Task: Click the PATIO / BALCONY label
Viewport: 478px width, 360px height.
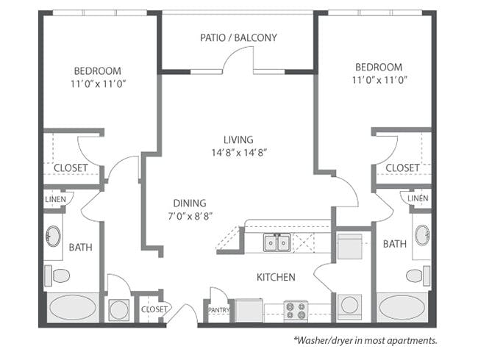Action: [x=238, y=37]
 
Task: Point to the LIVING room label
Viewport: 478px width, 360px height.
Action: [x=238, y=140]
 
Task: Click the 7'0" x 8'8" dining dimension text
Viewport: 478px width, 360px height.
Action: [x=189, y=217]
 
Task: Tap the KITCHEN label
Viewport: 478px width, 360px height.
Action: [x=276, y=277]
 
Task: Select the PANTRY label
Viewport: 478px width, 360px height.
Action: [x=218, y=310]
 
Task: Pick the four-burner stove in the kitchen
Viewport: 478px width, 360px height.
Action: [x=296, y=309]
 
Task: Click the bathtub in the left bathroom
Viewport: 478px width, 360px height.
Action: [x=72, y=307]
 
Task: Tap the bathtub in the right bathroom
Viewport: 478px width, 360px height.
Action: [x=402, y=307]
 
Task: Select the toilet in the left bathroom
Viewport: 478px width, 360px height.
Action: [x=59, y=276]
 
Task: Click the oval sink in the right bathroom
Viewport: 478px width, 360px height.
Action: [x=421, y=235]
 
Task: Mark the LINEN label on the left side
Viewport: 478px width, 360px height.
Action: [x=56, y=199]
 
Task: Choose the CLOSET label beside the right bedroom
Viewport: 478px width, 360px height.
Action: [x=402, y=168]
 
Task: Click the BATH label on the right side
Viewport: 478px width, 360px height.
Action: [x=394, y=244]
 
